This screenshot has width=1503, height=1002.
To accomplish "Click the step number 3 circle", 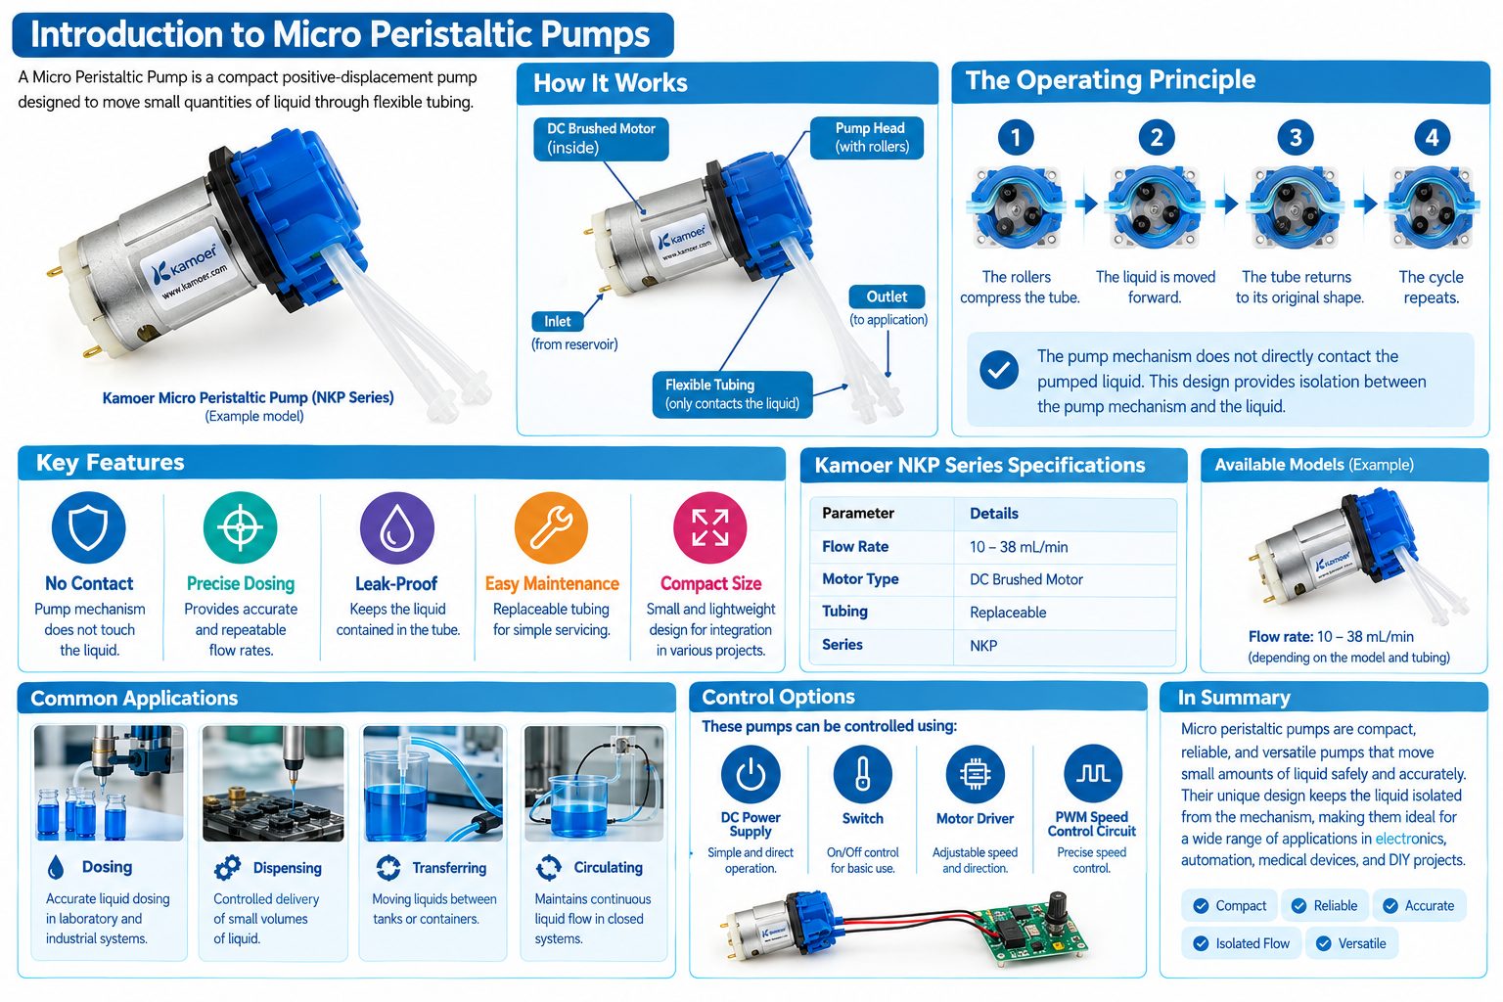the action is pos(1295,138).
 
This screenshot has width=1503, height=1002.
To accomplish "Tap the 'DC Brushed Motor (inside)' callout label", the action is pos(601,139).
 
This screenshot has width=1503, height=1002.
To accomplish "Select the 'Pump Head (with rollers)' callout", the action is pos(867,138).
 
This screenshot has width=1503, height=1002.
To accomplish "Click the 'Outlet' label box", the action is pos(887,296).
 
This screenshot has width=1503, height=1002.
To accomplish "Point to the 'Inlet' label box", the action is pos(558,322).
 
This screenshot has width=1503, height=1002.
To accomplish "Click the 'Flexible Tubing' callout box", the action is pos(732,394).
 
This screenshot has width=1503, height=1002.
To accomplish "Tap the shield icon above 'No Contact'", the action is pos(89,527).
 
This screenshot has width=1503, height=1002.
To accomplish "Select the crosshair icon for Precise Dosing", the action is pos(240,527).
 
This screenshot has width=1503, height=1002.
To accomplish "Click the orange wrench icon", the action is pos(552,527).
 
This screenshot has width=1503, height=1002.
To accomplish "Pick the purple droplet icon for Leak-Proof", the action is pos(397,527).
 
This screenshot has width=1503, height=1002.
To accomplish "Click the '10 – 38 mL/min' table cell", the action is pos(1019,547).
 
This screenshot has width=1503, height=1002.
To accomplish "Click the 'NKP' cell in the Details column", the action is pos(983,646).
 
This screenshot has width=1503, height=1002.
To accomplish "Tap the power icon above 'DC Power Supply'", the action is pos(751,774).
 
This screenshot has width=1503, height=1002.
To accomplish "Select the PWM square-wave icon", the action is pos(1092,774).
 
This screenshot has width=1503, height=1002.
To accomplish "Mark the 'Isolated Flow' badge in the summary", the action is pos(1241,943).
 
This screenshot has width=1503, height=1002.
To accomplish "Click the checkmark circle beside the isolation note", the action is pos(998,370).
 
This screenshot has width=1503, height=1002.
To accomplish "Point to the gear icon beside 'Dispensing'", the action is pos(227,868).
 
